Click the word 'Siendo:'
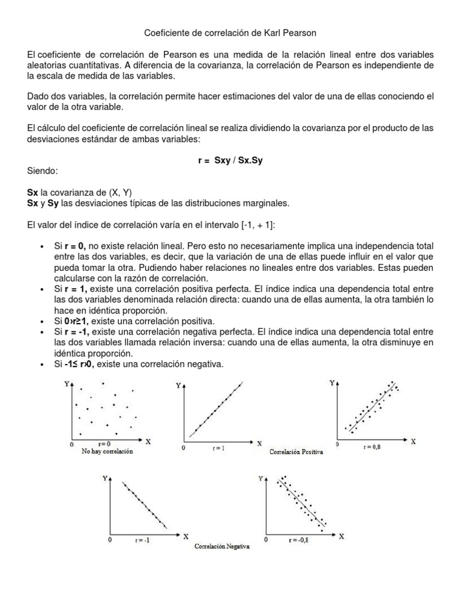tap(43, 171)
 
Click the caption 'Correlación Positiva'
tap(297, 452)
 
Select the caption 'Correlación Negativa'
tap(222, 547)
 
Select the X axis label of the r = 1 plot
tap(259, 444)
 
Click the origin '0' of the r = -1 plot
tap(109, 540)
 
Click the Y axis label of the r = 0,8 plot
tap(332, 382)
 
